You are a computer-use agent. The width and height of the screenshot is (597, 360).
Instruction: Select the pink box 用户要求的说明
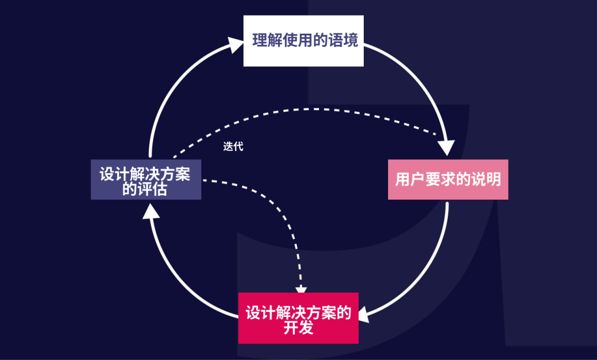448,180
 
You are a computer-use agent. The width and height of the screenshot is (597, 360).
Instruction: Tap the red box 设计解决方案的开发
298,319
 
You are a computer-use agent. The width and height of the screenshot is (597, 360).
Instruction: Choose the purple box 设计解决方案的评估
145,180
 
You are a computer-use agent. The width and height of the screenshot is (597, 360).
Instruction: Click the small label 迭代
233,147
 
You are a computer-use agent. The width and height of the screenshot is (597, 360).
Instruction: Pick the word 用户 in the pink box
409,180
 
